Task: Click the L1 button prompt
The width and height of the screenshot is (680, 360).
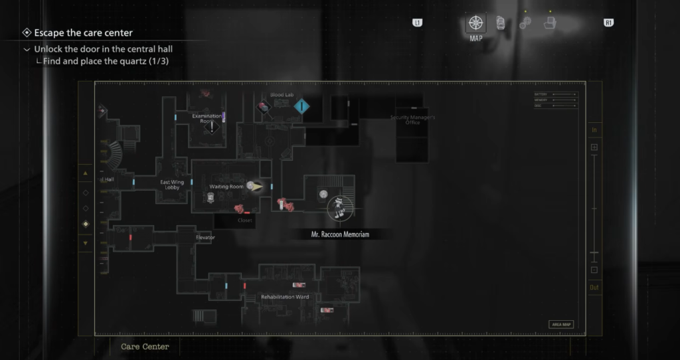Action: (x=417, y=23)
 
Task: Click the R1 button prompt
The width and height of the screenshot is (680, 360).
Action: (x=608, y=23)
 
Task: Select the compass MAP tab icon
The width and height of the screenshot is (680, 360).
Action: (x=475, y=23)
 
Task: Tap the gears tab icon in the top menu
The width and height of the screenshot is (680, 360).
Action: (x=525, y=23)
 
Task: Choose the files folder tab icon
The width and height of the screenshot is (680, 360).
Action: (x=549, y=23)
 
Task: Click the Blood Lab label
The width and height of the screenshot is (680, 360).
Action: (x=282, y=95)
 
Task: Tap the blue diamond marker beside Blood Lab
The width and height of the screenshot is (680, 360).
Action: (x=302, y=106)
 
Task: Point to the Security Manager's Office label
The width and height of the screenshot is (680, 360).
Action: (x=412, y=120)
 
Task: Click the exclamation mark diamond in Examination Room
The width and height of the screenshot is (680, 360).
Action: (x=212, y=128)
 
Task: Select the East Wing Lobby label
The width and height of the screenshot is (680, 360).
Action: (x=172, y=184)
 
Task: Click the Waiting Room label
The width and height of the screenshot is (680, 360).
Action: (x=226, y=187)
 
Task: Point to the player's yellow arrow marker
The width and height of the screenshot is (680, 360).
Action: (x=256, y=187)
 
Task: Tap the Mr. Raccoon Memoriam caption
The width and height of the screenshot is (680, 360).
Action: (x=340, y=234)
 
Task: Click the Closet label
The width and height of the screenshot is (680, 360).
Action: (x=245, y=220)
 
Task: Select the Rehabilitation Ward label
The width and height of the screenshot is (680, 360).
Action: (x=285, y=297)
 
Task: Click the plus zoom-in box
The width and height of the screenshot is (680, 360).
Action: (x=594, y=147)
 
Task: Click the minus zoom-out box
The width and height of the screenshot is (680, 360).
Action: (x=594, y=270)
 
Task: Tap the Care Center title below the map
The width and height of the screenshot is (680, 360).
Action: (x=145, y=347)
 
